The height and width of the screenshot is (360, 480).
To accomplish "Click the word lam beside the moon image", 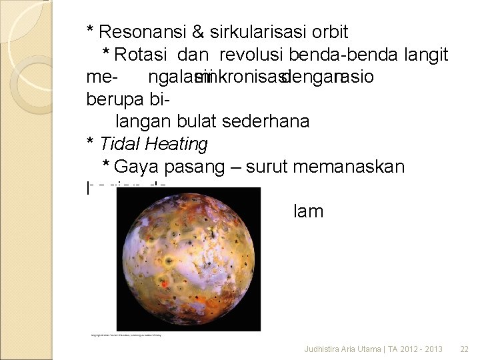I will (x=308, y=212).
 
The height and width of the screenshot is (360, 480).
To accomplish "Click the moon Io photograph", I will (x=189, y=259).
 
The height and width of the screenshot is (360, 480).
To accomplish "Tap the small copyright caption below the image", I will (x=126, y=335).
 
